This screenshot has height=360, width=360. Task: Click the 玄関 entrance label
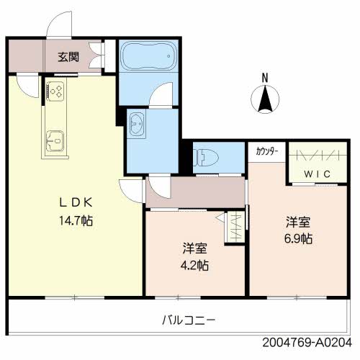(70, 55)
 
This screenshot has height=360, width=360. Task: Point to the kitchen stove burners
(55, 91)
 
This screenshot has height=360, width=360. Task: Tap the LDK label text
(76, 203)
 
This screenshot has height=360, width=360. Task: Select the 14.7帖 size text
(76, 220)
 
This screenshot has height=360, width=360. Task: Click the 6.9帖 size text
(297, 238)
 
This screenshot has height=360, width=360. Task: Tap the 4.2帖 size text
(195, 265)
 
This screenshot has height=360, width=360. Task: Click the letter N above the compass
(265, 77)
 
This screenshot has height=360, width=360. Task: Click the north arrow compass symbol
(265, 98)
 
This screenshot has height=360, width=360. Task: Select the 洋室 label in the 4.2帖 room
(195, 248)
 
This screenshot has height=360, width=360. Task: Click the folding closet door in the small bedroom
(235, 227)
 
